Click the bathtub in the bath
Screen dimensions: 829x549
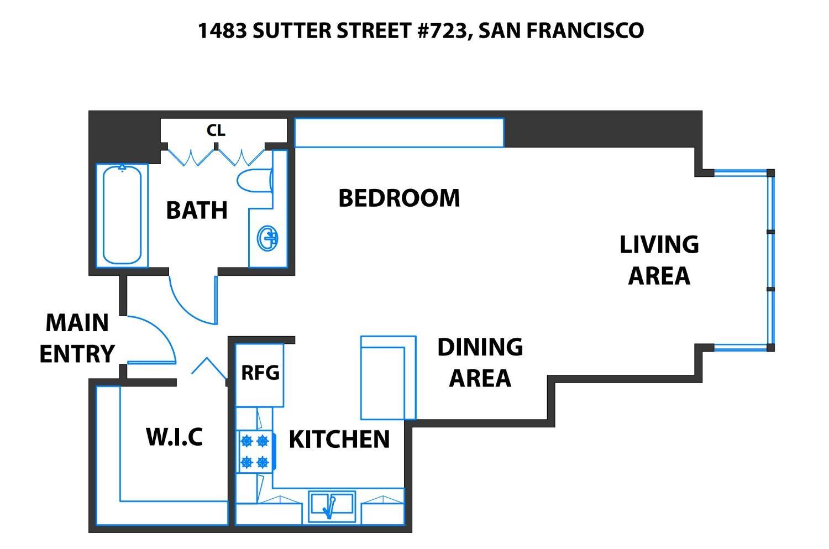122,216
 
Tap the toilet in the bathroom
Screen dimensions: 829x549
255,181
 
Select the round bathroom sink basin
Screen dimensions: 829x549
267,238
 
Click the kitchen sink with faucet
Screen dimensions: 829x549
332,507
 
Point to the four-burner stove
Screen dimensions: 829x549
255,452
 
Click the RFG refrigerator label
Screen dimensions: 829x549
260,373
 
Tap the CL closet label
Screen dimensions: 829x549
216,130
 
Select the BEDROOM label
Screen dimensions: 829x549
399,198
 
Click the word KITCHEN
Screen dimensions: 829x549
339,440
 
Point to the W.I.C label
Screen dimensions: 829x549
174,437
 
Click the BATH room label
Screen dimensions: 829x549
197,210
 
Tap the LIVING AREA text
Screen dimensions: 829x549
659,260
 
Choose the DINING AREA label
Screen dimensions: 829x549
480,363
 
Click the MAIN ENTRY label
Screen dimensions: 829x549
77,338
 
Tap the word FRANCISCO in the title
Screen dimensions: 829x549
585,30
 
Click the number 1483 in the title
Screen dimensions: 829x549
222,30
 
